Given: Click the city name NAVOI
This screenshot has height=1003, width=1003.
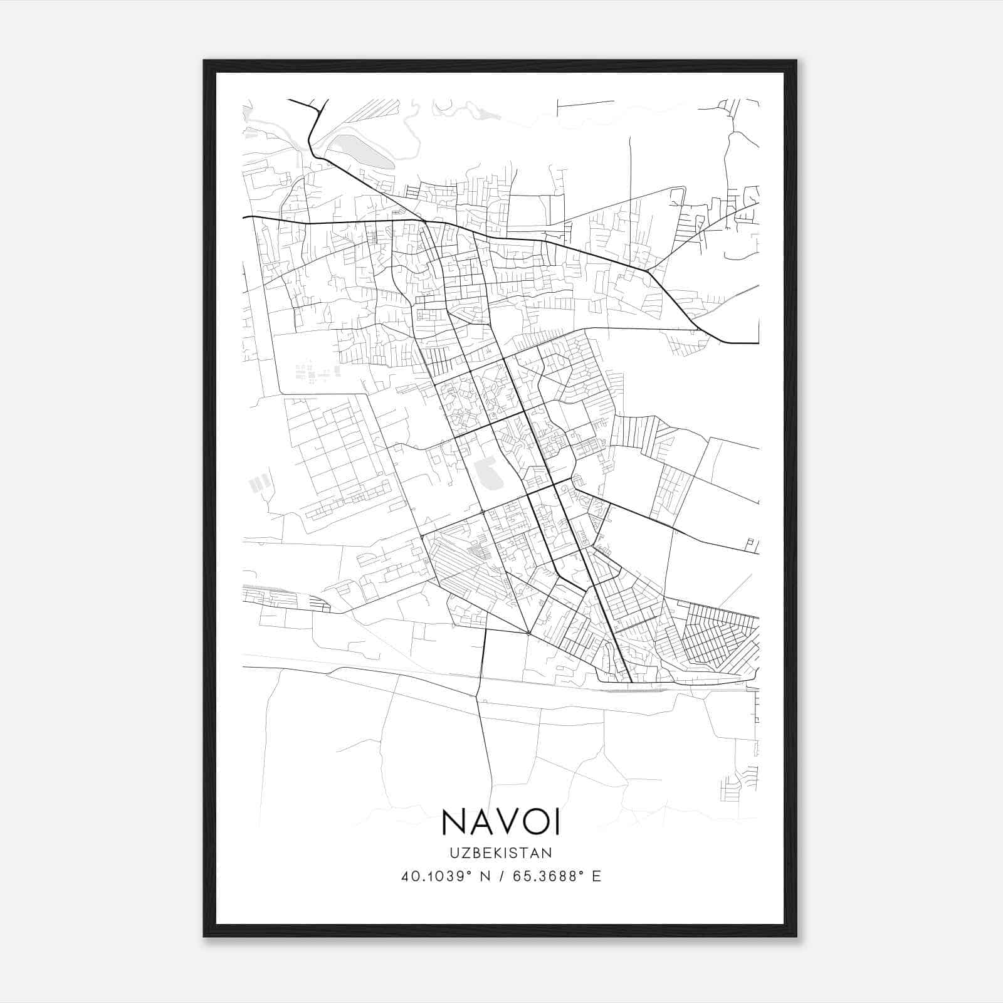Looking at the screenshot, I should tap(501, 822).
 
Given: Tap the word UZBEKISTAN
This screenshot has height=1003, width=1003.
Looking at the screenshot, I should tap(501, 853).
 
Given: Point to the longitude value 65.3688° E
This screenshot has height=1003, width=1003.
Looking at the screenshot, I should tap(557, 876).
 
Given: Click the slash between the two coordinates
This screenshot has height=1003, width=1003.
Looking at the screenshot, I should tap(501, 876).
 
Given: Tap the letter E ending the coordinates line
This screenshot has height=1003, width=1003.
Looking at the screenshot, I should tap(596, 876).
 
